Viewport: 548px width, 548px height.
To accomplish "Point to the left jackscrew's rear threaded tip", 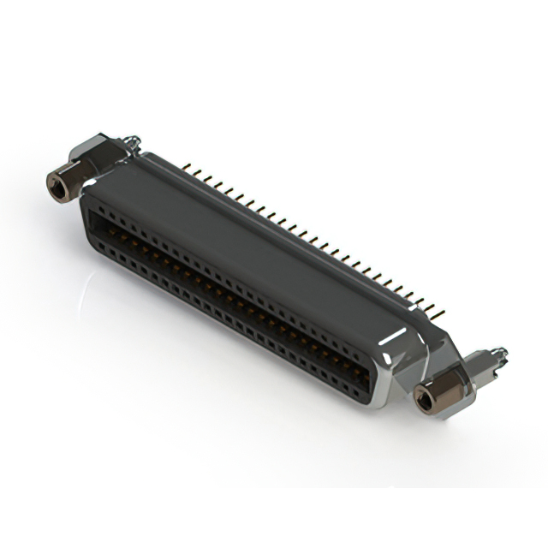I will pyautogui.click(x=130, y=140).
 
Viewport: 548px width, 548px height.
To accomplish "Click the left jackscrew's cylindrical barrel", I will pyautogui.click(x=73, y=179).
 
